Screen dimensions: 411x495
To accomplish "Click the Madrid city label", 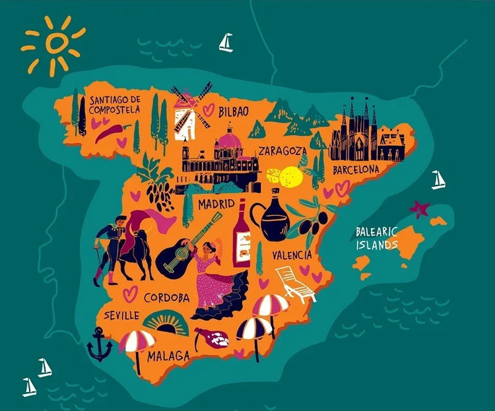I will click(216, 204).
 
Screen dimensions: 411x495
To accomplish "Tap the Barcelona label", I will click(356, 170).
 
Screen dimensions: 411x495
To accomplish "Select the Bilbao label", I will click(234, 111).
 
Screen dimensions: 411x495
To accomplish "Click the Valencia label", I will click(291, 254).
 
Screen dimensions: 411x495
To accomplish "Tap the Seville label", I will click(121, 315).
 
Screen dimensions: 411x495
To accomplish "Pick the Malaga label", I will click(168, 356).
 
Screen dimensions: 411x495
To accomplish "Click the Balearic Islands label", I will click(377, 238).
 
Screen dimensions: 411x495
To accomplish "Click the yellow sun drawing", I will click(55, 44).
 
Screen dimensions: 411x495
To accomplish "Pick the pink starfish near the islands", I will click(419, 209).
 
